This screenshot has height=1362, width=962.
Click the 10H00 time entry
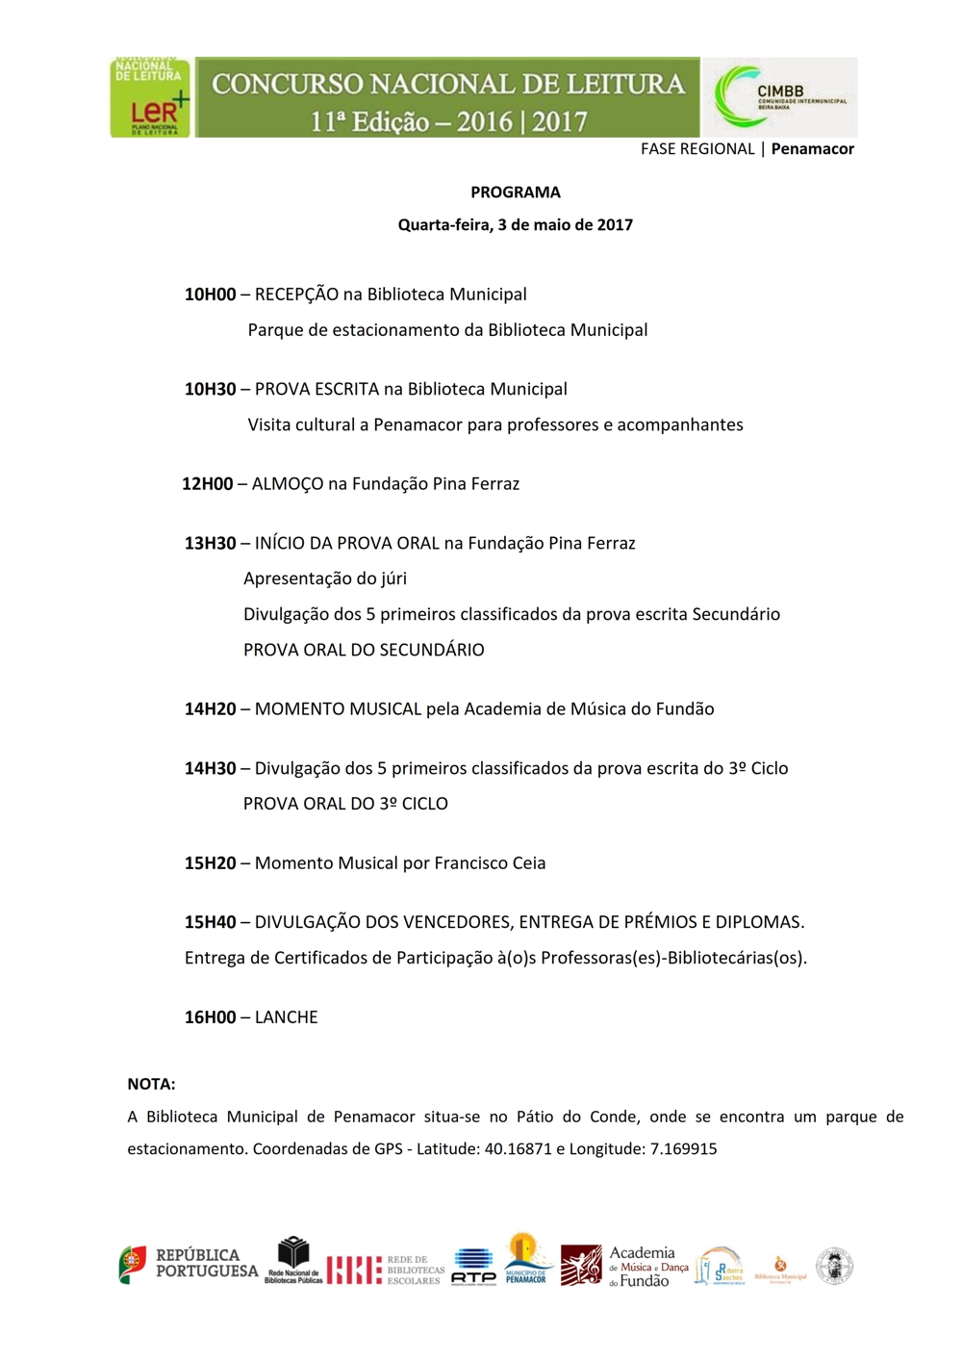click(210, 295)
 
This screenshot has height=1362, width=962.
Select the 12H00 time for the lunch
click(208, 484)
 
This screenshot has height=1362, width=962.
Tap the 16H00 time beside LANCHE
click(210, 1017)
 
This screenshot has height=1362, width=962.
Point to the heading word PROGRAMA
click(515, 193)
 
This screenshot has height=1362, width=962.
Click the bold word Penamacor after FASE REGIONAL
click(812, 149)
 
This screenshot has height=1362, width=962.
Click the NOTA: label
click(151, 1084)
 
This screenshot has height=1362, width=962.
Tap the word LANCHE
click(286, 1017)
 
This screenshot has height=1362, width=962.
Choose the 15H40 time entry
click(210, 922)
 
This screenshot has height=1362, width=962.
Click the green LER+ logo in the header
click(150, 97)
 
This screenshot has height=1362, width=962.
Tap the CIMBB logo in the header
click(780, 97)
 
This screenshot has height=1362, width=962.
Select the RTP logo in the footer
click(473, 1266)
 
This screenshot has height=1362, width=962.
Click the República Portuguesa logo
click(189, 1264)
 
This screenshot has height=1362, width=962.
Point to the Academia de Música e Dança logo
click(624, 1266)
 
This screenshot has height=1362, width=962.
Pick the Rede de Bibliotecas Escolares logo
click(385, 1270)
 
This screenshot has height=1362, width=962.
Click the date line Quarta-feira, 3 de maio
click(515, 225)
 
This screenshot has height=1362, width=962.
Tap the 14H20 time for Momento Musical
click(210, 709)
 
